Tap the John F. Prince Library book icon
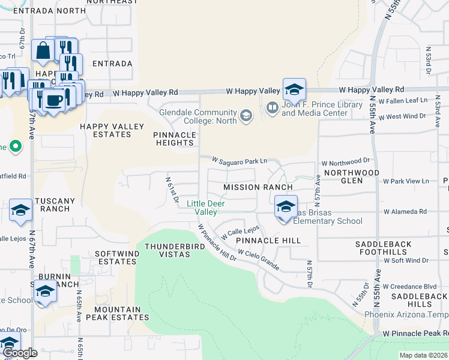pos(272,107)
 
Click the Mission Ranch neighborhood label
pos(258,187)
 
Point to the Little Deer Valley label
pos(202,208)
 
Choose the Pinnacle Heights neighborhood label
pos(175,139)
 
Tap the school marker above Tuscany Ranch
pos(20,211)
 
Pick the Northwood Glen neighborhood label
pos(352,176)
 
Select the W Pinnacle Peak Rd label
pos(415,332)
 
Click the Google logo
pos(20,352)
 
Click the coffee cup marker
pos(54,100)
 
